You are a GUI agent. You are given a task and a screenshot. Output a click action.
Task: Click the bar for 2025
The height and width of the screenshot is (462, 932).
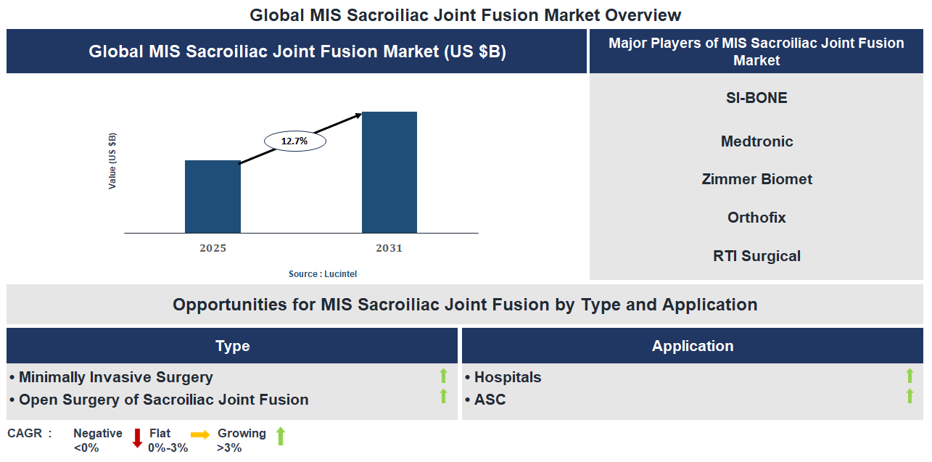(213, 197)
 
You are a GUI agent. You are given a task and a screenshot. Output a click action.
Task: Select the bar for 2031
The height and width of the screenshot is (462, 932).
(389, 173)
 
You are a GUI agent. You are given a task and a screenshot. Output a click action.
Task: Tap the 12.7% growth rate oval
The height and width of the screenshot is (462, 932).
(294, 141)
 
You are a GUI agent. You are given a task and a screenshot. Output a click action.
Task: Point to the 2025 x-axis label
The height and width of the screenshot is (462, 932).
(213, 248)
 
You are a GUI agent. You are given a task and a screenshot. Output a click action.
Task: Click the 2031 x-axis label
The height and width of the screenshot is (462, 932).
(389, 248)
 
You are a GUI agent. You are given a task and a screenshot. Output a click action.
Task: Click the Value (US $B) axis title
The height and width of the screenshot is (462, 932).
(112, 161)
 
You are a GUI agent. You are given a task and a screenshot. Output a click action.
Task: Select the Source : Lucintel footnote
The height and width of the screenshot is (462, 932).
(323, 274)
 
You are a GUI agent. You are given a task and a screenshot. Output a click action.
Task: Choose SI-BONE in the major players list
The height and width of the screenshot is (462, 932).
(756, 98)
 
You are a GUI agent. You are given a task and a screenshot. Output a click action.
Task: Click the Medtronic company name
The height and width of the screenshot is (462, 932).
(756, 141)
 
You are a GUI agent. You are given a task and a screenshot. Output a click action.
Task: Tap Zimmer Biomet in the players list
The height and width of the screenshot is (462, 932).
(756, 179)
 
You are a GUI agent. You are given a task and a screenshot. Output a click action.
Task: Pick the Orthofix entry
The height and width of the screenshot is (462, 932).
(756, 218)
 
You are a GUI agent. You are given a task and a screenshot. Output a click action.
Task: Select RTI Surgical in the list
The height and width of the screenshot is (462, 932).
(756, 256)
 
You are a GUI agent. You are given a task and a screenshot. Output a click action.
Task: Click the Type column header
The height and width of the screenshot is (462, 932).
(232, 346)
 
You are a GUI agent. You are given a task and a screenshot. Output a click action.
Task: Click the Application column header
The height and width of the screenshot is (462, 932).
(692, 346)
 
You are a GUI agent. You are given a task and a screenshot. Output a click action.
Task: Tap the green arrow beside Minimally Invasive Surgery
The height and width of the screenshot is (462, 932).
(444, 376)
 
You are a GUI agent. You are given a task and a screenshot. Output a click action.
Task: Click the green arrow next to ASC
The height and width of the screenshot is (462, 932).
(910, 396)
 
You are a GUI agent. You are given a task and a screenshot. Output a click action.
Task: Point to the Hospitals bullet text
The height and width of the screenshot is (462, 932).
(507, 377)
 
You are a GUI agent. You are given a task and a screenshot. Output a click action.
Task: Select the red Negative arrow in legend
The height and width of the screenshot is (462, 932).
(137, 437)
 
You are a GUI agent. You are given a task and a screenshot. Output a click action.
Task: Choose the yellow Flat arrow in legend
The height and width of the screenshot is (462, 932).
(200, 434)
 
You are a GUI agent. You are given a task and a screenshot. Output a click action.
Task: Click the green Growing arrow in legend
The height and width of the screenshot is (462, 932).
(281, 436)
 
